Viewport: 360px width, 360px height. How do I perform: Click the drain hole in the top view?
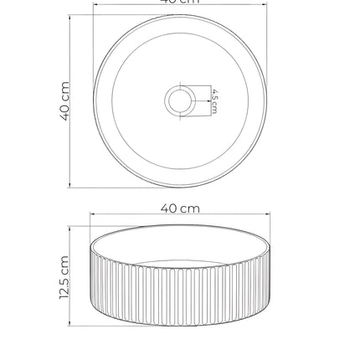click(x=180, y=100)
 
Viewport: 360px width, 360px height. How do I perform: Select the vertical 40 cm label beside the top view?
click(x=64, y=100)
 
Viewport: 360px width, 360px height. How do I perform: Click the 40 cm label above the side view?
click(x=180, y=208)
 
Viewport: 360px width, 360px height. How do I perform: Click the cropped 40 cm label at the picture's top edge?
click(x=180, y=3)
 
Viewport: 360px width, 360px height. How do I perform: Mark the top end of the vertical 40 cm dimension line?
click(x=70, y=14)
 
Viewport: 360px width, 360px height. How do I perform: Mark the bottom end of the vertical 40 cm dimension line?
click(x=70, y=188)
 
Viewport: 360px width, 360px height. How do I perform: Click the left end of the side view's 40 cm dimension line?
click(x=90, y=216)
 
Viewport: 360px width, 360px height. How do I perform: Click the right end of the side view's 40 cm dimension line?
click(x=271, y=216)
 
